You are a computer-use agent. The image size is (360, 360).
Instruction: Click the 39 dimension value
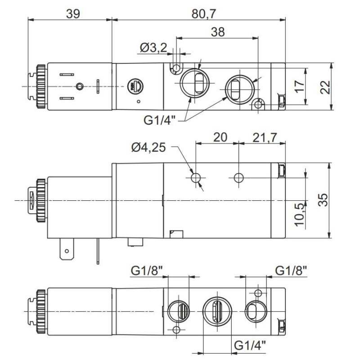pyautogui.click(x=72, y=13)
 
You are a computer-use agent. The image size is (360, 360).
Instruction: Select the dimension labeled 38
pyautogui.click(x=217, y=31)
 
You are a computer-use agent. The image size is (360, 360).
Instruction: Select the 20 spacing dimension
pyautogui.click(x=220, y=137)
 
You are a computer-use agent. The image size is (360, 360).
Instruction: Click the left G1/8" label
pyautogui.click(x=147, y=270)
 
